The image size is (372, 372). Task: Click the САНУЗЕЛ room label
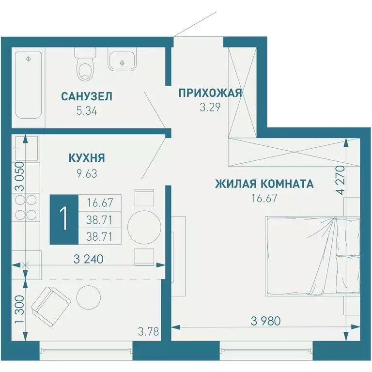tap(87, 96)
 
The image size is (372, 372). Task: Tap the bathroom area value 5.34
tap(87, 111)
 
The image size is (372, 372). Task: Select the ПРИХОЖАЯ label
tap(210, 93)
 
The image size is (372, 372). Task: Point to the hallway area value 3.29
tap(210, 108)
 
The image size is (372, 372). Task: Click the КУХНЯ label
tap(87, 158)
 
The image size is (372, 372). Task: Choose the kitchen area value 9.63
tap(87, 173)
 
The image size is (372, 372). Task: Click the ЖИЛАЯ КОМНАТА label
tap(264, 184)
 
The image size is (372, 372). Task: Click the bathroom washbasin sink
tap(123, 62)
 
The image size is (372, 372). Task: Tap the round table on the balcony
tap(88, 296)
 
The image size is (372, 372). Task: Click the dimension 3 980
tap(265, 321)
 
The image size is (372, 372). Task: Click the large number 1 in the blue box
tap(63, 219)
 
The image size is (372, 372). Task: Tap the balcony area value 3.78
tap(147, 332)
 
